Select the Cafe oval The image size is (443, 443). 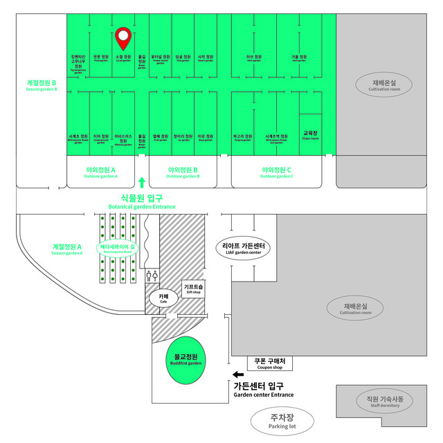pyautogui.click(x=163, y=298)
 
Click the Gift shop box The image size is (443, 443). pyautogui.click(x=193, y=289)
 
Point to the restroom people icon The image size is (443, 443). pyautogui.click(x=152, y=275)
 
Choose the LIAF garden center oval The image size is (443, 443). pyautogui.click(x=242, y=248)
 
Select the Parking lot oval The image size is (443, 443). pyautogui.click(x=282, y=420)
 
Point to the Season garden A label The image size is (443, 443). pyautogui.click(x=67, y=248)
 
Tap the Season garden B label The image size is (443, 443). pyautogui.click(x=40, y=87)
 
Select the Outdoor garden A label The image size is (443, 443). pyautogui.click(x=100, y=172)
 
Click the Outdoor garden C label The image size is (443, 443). pyautogui.click(x=276, y=172)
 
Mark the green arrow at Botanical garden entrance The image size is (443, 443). pyautogui.click(x=142, y=183)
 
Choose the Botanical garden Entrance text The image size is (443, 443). pyautogui.click(x=142, y=201)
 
